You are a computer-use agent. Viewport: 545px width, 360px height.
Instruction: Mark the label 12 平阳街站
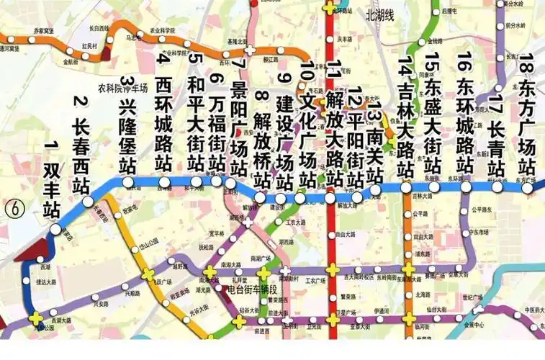pyautogui.click(x=355, y=137)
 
